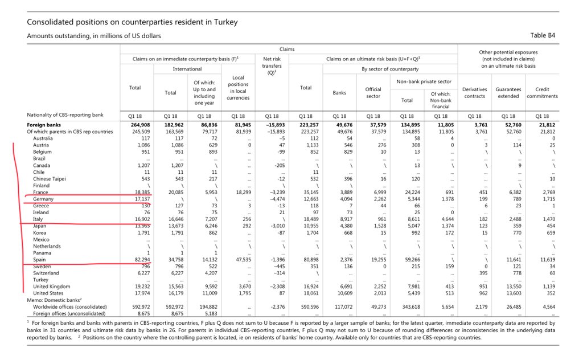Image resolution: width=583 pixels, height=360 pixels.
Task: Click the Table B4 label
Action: coord(543,35)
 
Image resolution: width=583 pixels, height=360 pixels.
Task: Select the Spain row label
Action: coord(40,259)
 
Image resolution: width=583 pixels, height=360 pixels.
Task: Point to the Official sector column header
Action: coord(373,92)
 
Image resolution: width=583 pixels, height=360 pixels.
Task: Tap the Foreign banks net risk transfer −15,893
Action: coord(272,125)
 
